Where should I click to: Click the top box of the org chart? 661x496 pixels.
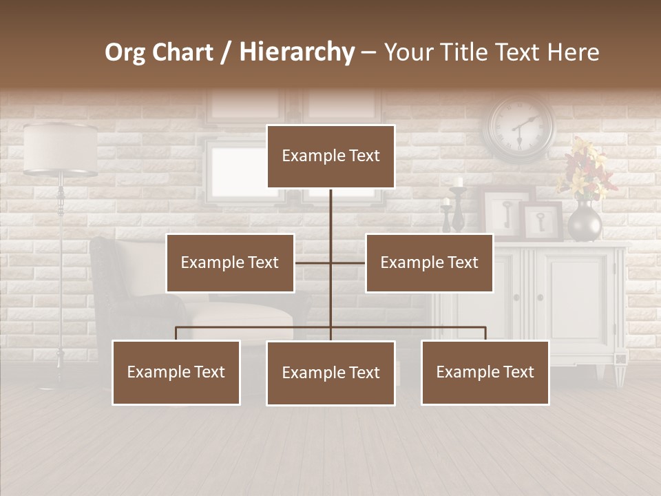(x=330, y=156)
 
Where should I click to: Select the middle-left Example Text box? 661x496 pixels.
(x=230, y=263)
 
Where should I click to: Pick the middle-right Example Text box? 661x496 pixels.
(x=429, y=263)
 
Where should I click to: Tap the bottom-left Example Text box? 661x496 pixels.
(x=176, y=373)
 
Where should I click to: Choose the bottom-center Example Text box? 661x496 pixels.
(x=330, y=373)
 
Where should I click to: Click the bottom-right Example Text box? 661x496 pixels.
(x=485, y=373)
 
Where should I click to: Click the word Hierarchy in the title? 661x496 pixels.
(x=297, y=52)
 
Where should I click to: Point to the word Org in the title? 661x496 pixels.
(x=125, y=52)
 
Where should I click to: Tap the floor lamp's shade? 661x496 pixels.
(x=60, y=148)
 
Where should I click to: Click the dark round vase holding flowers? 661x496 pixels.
(x=585, y=222)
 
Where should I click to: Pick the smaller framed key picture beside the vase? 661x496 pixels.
(x=543, y=222)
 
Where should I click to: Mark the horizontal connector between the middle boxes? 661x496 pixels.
(x=330, y=263)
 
